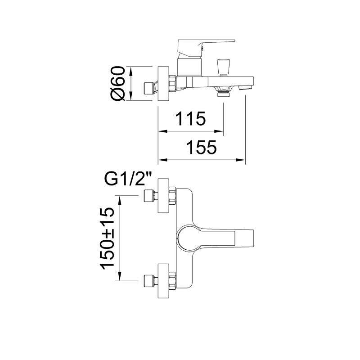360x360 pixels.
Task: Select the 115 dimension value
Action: click(x=190, y=119)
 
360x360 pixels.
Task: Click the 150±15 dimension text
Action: click(x=109, y=238)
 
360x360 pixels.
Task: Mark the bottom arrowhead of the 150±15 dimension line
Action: click(x=121, y=279)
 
